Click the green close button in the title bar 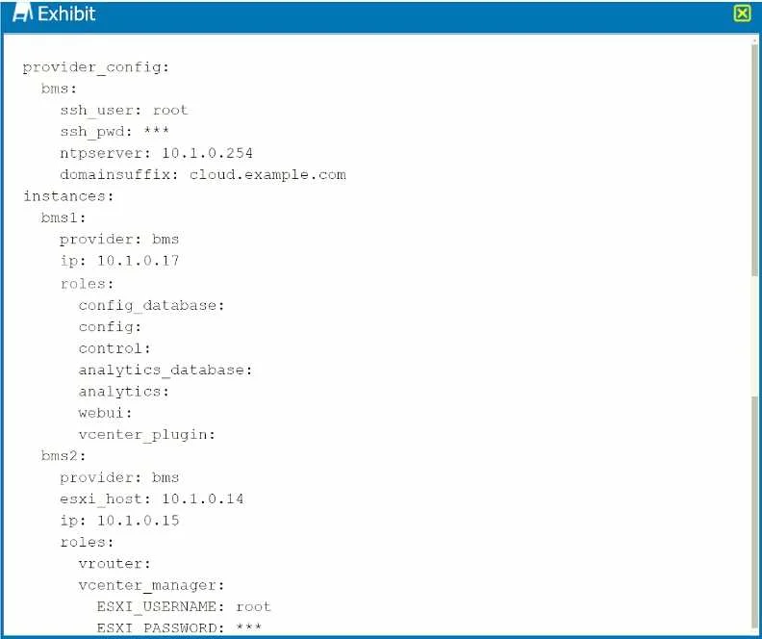click(x=742, y=13)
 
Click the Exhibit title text click(x=66, y=13)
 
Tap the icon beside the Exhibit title click(x=22, y=13)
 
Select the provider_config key click(x=96, y=67)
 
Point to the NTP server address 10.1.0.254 click(x=207, y=153)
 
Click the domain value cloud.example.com click(x=267, y=174)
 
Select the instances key click(x=68, y=196)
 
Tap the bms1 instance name click(x=63, y=217)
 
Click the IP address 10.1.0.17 click(x=138, y=261)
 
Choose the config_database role click(x=151, y=306)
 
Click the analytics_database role click(x=165, y=371)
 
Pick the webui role click(x=105, y=413)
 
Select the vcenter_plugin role click(x=147, y=435)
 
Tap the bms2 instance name click(x=63, y=456)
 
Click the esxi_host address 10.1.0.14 click(x=203, y=499)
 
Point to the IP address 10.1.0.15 click(x=138, y=521)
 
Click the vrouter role click(x=114, y=564)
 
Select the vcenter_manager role click(x=151, y=585)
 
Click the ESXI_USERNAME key click(x=161, y=607)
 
